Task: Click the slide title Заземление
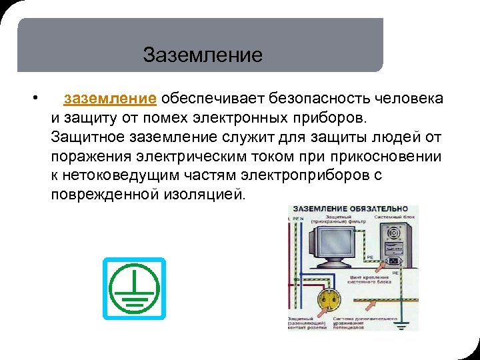click(203, 54)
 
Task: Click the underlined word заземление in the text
click(110, 99)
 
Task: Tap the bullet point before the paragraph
click(34, 99)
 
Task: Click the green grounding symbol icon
click(134, 288)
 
